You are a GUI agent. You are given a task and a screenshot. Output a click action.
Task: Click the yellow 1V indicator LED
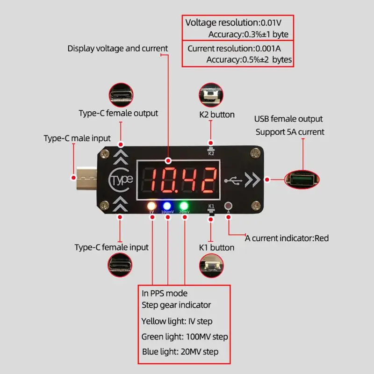[x=151, y=205]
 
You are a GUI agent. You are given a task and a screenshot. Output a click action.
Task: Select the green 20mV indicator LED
[x=184, y=205]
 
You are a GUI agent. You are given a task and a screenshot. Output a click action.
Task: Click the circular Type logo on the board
[x=121, y=180]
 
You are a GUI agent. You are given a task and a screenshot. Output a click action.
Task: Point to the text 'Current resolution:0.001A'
[x=234, y=48]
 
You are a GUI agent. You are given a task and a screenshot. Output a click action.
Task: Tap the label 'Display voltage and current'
[x=117, y=48]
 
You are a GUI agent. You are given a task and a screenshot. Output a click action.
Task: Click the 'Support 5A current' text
[x=290, y=132]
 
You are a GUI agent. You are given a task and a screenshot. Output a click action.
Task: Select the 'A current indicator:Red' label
[x=287, y=238]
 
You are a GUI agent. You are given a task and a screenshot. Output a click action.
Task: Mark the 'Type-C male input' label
[x=77, y=138]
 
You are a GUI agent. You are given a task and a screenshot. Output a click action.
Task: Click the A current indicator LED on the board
[x=228, y=205]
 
